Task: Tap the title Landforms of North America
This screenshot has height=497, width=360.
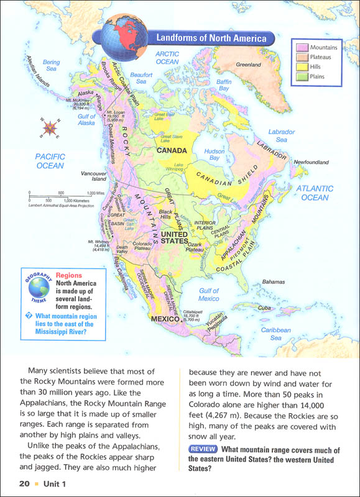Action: (x=211, y=39)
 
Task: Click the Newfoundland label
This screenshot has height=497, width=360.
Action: (x=311, y=162)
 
